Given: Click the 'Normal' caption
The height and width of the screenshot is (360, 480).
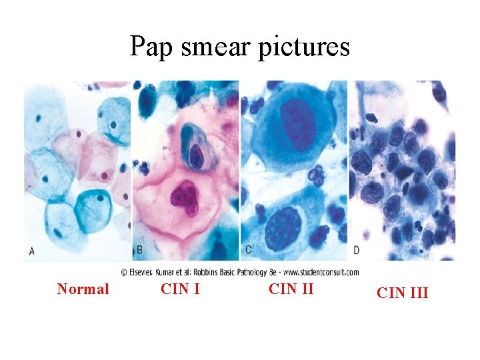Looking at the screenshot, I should tap(83, 289).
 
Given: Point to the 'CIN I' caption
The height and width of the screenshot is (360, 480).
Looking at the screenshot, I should tap(181, 289).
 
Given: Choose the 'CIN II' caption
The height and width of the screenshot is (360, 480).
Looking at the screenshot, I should tap(291, 289).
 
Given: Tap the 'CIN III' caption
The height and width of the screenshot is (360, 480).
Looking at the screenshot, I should tap(402, 292).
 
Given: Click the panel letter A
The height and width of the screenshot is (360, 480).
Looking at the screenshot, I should tap(31, 251).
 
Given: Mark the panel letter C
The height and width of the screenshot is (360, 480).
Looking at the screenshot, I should tap(248, 251).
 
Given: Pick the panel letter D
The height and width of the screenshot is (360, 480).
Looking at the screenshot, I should tap(356, 251).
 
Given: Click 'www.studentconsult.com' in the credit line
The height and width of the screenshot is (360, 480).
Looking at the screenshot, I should tap(321, 272).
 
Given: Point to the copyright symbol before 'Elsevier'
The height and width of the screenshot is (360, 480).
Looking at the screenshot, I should tap(124, 272).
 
